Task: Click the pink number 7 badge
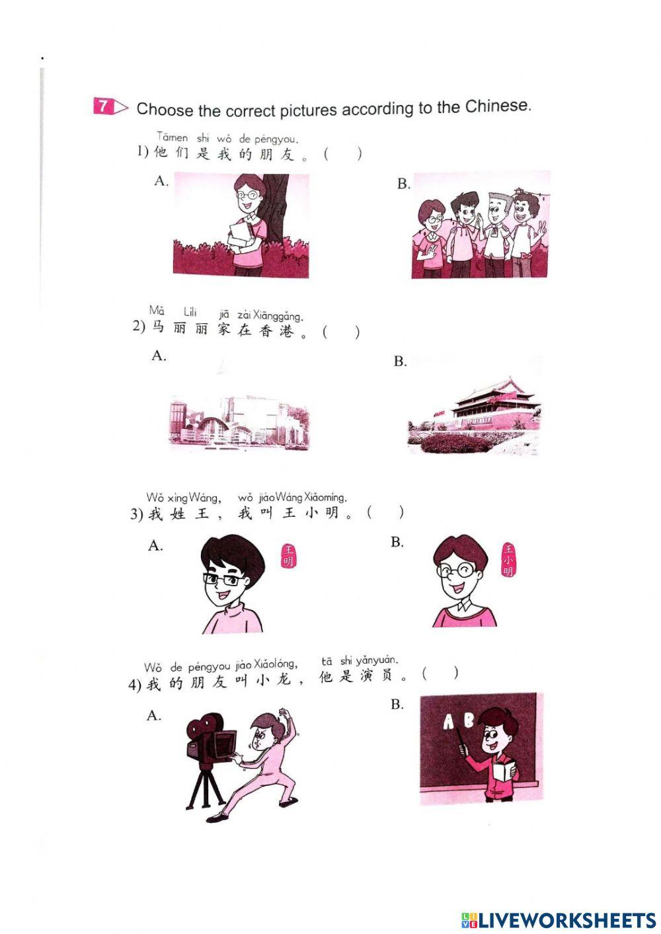pyautogui.click(x=104, y=106)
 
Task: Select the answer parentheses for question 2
pyautogui.click(x=341, y=332)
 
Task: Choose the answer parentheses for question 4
pyautogui.click(x=440, y=674)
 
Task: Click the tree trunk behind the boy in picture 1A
pyautogui.click(x=276, y=205)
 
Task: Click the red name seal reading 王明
pyautogui.click(x=288, y=556)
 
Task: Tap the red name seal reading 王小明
pyautogui.click(x=508, y=559)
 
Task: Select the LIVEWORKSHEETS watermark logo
pyautogui.click(x=558, y=919)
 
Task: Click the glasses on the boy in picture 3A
pyautogui.click(x=221, y=580)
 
